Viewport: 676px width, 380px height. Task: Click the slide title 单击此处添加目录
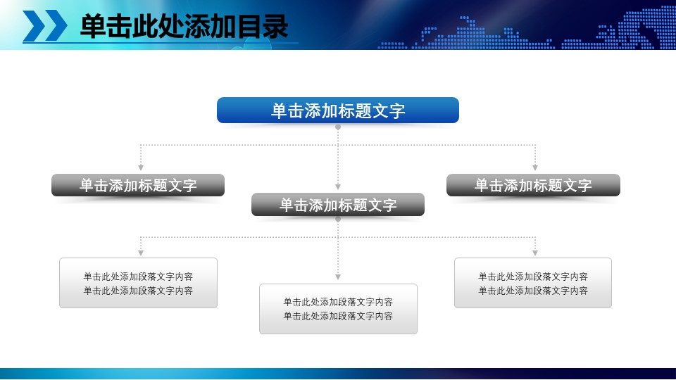click(x=184, y=27)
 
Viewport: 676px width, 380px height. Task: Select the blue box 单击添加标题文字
click(x=338, y=110)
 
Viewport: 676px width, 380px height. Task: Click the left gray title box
click(x=138, y=185)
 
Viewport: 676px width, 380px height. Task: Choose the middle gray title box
click(x=338, y=204)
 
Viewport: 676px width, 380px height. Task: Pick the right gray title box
click(x=533, y=185)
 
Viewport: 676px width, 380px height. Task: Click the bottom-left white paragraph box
click(x=138, y=283)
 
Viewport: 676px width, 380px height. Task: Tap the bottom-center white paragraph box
click(x=338, y=309)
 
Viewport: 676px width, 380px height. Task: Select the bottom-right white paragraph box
click(x=533, y=283)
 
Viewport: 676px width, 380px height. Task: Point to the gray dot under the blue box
click(x=338, y=127)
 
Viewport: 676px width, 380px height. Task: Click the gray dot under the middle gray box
click(x=338, y=220)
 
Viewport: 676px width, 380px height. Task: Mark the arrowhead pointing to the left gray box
click(x=141, y=167)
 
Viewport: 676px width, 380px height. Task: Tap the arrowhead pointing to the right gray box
click(x=535, y=167)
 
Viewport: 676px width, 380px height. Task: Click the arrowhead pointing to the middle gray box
click(x=338, y=186)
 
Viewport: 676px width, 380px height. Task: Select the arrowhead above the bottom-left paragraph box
click(x=141, y=252)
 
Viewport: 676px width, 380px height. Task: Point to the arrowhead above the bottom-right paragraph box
click(x=535, y=252)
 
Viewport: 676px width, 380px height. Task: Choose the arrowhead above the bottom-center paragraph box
click(x=338, y=277)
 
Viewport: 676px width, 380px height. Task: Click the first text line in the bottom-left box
click(x=138, y=277)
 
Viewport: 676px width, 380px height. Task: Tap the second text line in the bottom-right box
click(x=533, y=291)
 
